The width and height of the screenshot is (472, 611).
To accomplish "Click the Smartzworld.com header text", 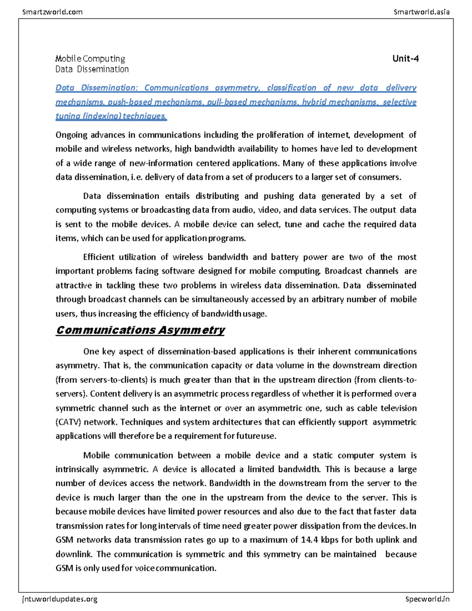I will pyautogui.click(x=52, y=12).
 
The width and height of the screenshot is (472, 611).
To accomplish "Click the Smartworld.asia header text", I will pyautogui.click(x=421, y=12).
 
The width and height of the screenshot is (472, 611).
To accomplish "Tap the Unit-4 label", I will pyautogui.click(x=406, y=59).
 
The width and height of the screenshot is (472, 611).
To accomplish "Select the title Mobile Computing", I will pyautogui.click(x=90, y=59).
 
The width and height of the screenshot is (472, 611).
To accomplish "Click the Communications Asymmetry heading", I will pyautogui.click(x=140, y=330).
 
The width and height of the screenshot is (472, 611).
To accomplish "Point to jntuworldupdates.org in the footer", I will pyautogui.click(x=60, y=599).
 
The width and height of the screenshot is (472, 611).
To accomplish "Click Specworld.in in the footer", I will pyautogui.click(x=427, y=599).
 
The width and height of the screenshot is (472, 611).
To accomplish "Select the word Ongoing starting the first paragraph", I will pyautogui.click(x=71, y=135).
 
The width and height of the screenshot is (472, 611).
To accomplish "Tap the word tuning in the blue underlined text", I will pyautogui.click(x=66, y=116).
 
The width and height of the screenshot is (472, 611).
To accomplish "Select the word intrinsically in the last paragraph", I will pyautogui.click(x=77, y=469).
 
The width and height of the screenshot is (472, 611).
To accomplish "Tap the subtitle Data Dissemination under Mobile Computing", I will pyautogui.click(x=92, y=69).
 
